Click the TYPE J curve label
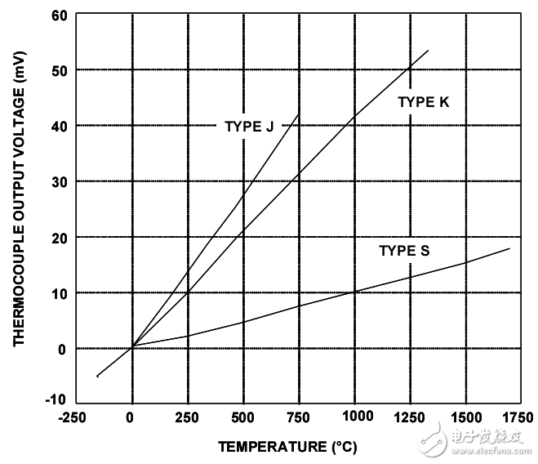pyautogui.click(x=248, y=126)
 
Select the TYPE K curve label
pyautogui.click(x=423, y=102)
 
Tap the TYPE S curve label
pyautogui.click(x=403, y=251)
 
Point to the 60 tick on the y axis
pyautogui.click(x=60, y=15)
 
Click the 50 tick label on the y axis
pyautogui.click(x=60, y=70)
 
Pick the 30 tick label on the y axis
pyautogui.click(x=60, y=181)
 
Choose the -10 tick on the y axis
pyautogui.click(x=56, y=400)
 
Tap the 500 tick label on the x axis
pyautogui.click(x=242, y=417)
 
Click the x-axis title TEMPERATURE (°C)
pyautogui.click(x=287, y=447)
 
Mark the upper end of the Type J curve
pyautogui.click(x=298, y=114)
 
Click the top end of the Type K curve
pyautogui.click(x=428, y=51)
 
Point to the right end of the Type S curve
pyautogui.click(x=509, y=248)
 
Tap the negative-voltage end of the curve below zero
pyautogui.click(x=97, y=377)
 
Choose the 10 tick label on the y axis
pyautogui.click(x=60, y=292)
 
